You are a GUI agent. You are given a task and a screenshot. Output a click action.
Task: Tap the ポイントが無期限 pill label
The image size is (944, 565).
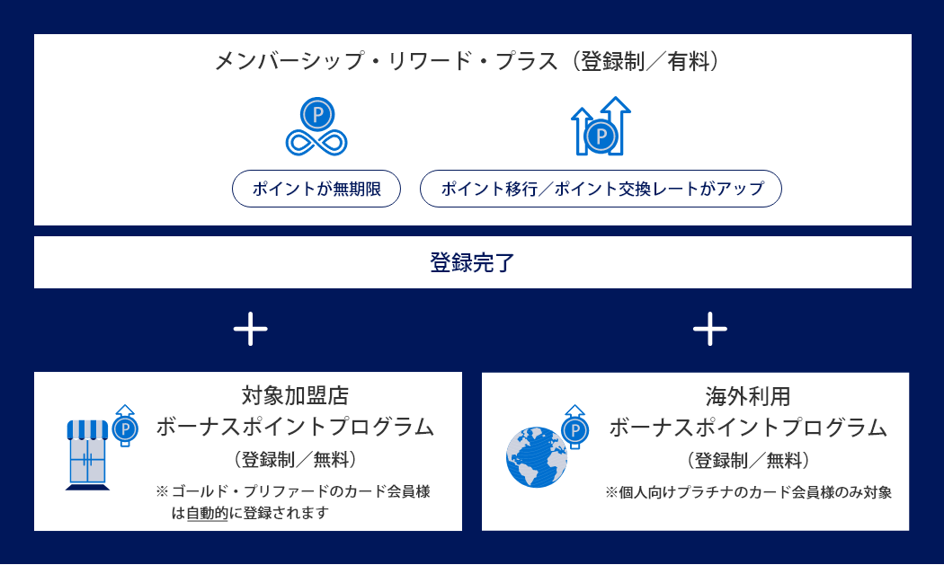coord(316,189)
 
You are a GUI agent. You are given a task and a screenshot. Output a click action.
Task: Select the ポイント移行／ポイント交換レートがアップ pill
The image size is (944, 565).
coord(601,189)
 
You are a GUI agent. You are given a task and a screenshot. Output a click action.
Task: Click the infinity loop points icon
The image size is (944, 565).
coord(316,128)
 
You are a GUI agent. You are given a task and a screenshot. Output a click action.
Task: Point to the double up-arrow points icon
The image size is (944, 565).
coord(601,127)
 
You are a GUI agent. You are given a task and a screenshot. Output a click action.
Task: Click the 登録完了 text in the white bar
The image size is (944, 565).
coord(472,263)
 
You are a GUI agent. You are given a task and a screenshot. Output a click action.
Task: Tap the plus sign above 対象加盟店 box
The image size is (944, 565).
coord(250,330)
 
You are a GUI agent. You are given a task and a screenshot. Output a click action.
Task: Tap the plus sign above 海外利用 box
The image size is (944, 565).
coord(709,330)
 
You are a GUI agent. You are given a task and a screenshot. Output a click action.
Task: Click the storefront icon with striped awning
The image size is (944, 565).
coord(87,455)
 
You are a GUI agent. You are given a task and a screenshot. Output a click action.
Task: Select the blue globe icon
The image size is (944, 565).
coord(537,457)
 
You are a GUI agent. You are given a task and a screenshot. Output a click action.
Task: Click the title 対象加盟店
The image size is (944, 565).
coord(295,395)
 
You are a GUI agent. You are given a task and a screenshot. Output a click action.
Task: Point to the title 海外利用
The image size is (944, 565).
coord(748,396)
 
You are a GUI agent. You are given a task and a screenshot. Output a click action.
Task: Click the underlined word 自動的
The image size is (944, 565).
coord(207,514)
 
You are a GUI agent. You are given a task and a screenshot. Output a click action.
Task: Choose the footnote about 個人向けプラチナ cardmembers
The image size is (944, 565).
coord(748,492)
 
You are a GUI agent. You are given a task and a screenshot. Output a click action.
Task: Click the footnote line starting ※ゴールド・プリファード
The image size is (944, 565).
coord(293,491)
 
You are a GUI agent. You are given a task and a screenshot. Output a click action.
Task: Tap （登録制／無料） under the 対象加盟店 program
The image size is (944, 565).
coord(295,460)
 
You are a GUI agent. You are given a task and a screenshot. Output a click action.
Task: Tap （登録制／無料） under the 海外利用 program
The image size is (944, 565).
coord(748,461)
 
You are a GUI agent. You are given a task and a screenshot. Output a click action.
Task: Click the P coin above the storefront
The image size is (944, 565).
coord(125,427)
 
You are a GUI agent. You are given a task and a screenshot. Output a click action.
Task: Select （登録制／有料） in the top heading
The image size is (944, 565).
coord(649,62)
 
